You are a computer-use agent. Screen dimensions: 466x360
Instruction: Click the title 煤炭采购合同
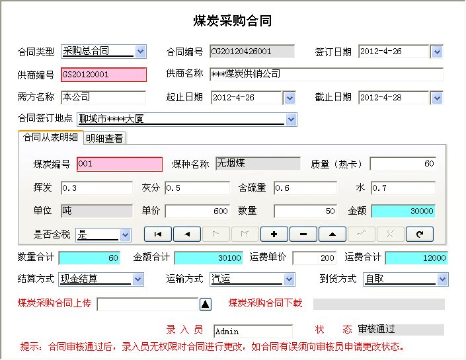233,20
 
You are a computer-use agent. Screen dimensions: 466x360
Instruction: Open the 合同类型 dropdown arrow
140,52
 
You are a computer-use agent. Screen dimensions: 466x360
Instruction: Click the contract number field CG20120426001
252,52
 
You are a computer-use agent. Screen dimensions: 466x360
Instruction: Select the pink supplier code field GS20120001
104,74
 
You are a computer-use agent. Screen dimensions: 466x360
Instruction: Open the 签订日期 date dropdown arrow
437,52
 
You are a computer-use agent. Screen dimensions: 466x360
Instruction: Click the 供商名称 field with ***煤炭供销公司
327,74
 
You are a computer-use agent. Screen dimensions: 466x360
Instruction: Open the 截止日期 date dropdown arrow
437,98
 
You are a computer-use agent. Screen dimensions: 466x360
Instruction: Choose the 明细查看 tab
104,138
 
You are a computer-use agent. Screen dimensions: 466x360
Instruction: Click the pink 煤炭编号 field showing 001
120,164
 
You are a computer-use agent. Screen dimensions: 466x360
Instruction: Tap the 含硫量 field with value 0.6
305,188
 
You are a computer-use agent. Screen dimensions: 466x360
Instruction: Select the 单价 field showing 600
198,211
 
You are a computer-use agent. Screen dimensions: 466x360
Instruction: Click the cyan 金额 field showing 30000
403,211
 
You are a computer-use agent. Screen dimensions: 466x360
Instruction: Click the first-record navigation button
158,234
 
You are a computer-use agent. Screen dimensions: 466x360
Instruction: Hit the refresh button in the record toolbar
420,234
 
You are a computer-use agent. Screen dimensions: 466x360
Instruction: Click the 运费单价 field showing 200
315,258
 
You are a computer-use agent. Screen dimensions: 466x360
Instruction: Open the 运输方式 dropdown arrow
289,279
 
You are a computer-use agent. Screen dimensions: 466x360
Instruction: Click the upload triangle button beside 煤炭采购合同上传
206,304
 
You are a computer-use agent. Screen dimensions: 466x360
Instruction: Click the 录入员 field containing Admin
253,331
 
